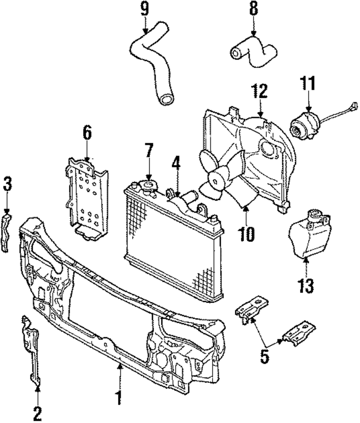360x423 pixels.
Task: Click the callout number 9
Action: pos(144,9)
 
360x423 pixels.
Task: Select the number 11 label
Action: pos(308,84)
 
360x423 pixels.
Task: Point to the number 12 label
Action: pos(260,92)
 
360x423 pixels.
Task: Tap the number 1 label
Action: pos(119,399)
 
